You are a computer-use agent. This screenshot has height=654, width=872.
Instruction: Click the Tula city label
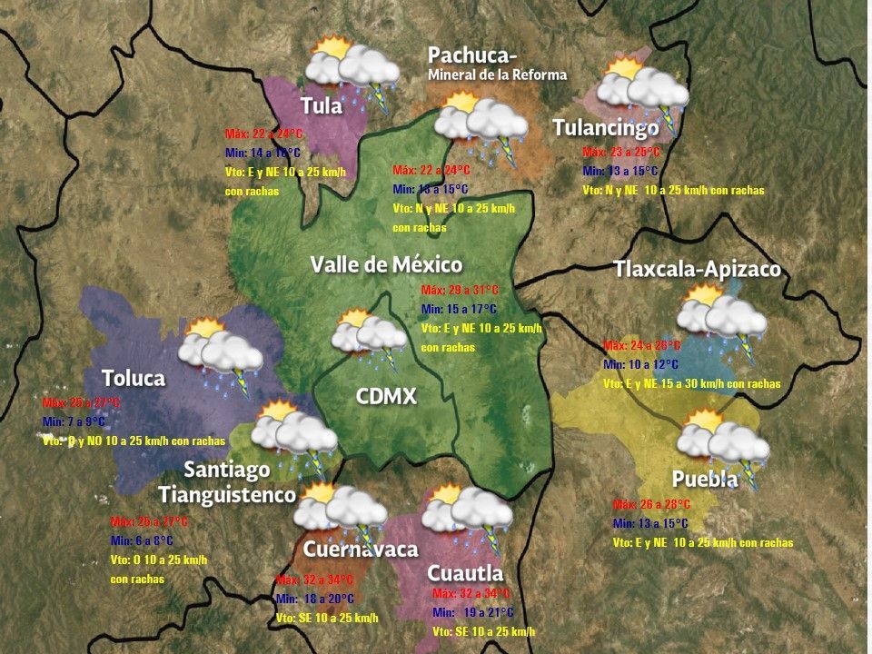coord(322,105)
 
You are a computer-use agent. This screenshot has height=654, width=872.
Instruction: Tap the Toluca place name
coord(133,378)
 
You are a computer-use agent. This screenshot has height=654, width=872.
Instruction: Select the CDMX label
coord(386,396)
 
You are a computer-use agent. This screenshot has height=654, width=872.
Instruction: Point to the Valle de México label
coord(386,264)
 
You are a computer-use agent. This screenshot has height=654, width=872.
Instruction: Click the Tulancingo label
coord(606,127)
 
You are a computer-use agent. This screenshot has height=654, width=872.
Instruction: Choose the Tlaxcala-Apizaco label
coord(697,269)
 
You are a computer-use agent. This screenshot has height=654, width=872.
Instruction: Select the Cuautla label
coord(464,573)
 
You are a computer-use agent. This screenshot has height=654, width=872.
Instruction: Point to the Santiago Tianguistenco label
coord(227,482)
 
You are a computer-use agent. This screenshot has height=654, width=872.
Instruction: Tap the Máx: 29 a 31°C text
coord(461,290)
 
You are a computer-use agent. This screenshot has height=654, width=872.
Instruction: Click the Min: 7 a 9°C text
coord(74,421)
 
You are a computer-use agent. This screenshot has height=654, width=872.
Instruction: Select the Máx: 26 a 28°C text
coord(651,504)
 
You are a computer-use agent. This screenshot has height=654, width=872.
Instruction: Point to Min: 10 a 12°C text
coord(640,364)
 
